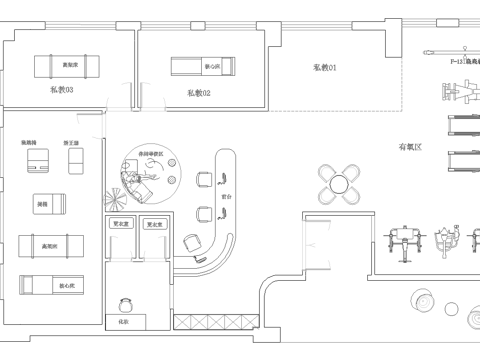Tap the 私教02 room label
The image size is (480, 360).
(x=198, y=93)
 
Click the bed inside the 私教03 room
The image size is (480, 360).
(x=69, y=67)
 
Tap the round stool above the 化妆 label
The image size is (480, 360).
(x=127, y=304)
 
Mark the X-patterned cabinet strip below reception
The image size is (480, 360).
(x=205, y=322)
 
